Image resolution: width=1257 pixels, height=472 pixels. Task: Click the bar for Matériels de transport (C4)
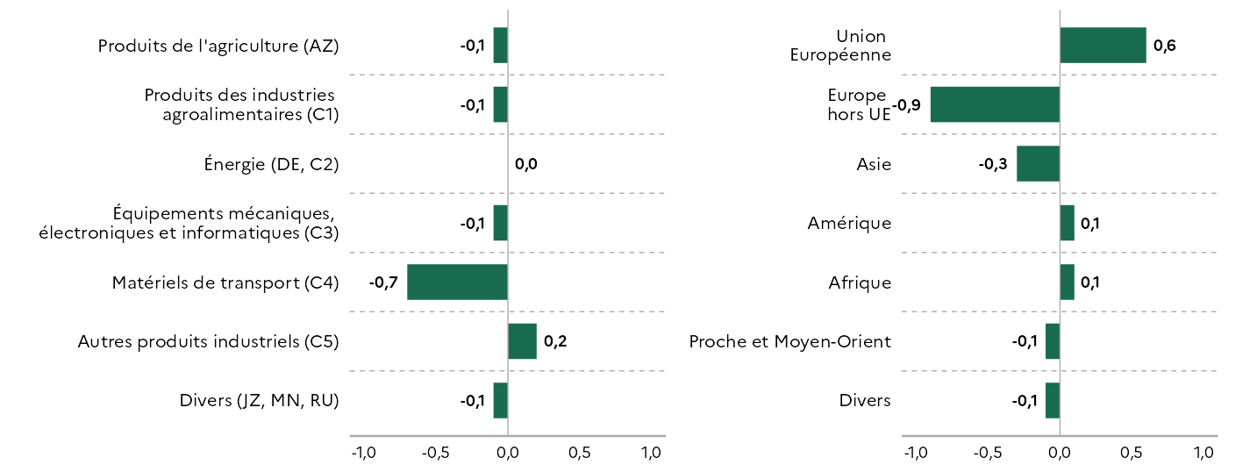click(x=457, y=282)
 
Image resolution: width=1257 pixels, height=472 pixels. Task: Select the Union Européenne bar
click(x=1103, y=45)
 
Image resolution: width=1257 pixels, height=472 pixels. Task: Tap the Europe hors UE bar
click(x=995, y=104)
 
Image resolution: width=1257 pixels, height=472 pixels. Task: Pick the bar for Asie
click(x=1039, y=163)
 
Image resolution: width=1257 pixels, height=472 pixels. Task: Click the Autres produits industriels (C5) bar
click(x=523, y=341)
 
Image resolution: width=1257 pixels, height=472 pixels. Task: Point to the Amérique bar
click(x=1068, y=223)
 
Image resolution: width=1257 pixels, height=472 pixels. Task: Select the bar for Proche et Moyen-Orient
click(x=1053, y=341)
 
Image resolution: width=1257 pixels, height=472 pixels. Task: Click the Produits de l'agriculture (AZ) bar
click(x=501, y=45)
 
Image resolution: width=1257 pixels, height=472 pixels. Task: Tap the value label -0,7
click(x=383, y=282)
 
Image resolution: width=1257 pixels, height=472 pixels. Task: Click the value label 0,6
click(x=1164, y=46)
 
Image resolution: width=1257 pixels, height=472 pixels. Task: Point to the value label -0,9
click(x=906, y=105)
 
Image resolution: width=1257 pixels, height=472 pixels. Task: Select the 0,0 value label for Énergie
click(x=525, y=164)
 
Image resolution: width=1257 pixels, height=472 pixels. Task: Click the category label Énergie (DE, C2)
click(x=272, y=164)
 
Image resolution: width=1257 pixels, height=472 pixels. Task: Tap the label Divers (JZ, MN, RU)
click(x=260, y=401)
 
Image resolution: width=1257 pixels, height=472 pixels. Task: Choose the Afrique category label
click(x=860, y=282)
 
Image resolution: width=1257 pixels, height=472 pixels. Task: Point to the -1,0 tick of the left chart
click(x=364, y=453)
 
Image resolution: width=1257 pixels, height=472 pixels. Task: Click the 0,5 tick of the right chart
click(x=1132, y=453)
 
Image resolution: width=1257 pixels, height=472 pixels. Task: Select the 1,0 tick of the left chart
click(x=652, y=453)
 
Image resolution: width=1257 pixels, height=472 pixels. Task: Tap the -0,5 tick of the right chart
click(x=987, y=453)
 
